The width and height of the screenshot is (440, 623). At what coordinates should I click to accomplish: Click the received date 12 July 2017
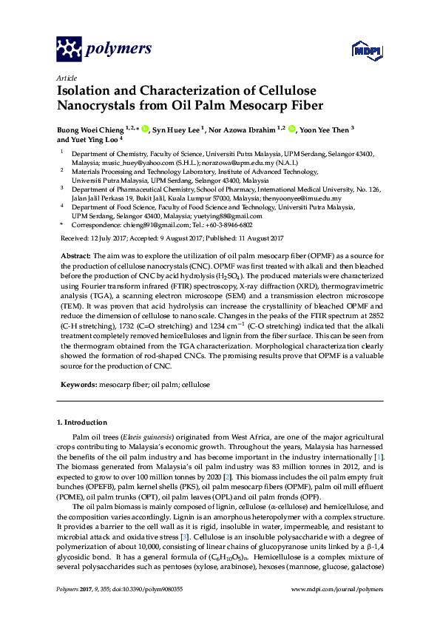[111, 238]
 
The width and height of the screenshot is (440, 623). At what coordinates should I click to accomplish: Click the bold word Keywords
[78, 385]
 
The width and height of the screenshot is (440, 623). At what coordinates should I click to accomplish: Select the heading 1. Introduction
[82, 422]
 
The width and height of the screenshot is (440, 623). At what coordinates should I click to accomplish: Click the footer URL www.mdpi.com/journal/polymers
[337, 588]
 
